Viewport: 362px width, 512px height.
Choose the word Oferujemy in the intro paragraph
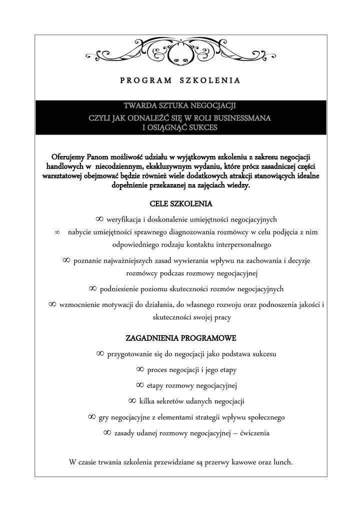tap(68, 156)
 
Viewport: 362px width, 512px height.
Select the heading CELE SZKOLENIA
tap(180, 204)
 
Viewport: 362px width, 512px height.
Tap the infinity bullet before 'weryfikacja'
tap(99, 219)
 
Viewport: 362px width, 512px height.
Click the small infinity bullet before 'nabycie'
tap(57, 232)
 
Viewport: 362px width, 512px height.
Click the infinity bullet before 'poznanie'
tap(66, 260)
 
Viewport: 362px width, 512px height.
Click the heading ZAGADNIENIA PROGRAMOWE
tap(180, 338)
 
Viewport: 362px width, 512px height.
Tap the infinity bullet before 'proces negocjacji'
tap(140, 369)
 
